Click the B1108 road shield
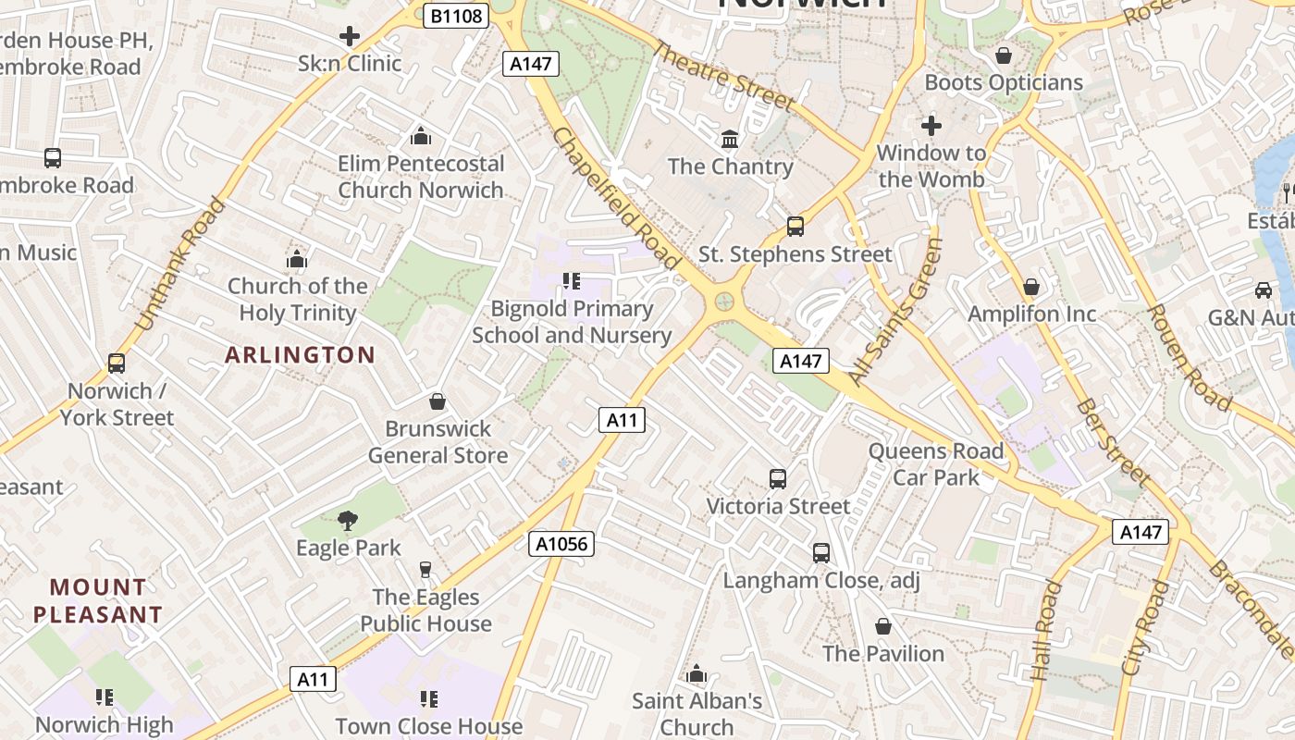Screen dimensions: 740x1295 coord(456,16)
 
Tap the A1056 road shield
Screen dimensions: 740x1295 coord(562,544)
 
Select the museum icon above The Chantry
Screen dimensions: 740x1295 coord(730,140)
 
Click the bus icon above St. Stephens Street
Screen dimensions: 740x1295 coord(795,227)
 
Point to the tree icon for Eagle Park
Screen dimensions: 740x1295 coord(348,521)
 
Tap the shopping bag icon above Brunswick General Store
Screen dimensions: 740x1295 coord(438,401)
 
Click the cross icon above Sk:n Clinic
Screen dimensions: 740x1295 coord(350,37)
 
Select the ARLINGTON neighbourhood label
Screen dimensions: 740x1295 coord(301,355)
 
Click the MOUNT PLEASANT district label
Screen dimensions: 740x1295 coord(98,600)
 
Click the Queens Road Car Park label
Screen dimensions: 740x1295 coord(935,464)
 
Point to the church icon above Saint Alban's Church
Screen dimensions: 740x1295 coord(697,673)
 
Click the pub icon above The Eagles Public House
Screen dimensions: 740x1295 coord(425,570)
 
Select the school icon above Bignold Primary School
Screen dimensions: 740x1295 coord(572,281)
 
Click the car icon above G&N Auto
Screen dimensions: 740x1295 coord(1264,290)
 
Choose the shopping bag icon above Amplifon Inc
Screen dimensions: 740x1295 coord(1031,288)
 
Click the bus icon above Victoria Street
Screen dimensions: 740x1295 coord(778,479)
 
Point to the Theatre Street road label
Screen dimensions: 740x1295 coord(723,76)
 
